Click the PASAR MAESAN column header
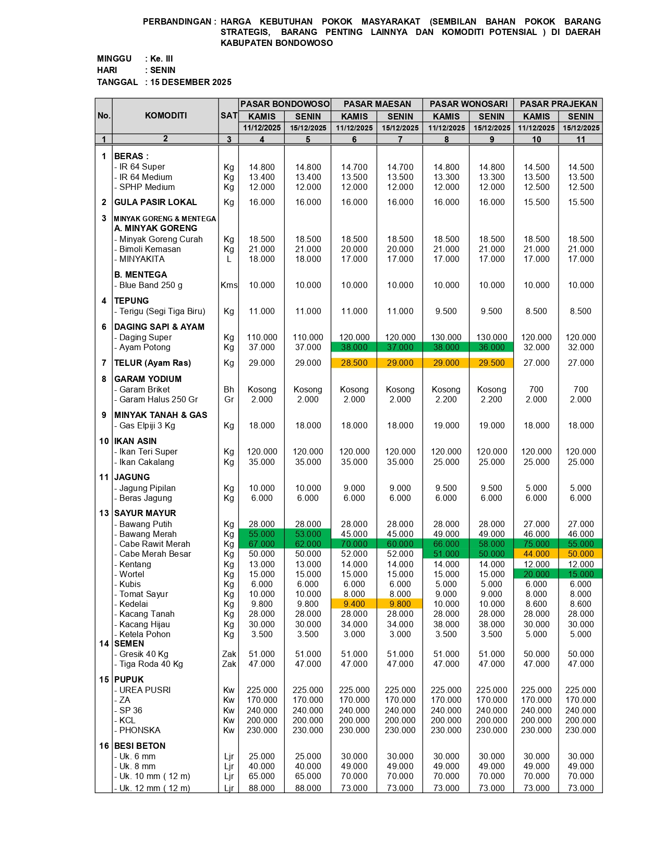[377, 104]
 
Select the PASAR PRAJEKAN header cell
[558, 104]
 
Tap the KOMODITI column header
[165, 116]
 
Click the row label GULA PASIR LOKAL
[155, 202]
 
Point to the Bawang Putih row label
[146, 524]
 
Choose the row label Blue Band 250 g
[151, 285]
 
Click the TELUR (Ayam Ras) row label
[152, 363]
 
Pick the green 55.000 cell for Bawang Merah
[261, 534]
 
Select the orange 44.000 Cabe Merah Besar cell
[536, 554]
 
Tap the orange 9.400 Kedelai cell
[354, 604]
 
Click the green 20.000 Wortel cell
[536, 575]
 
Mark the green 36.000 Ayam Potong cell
[491, 348]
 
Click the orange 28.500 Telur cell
[354, 363]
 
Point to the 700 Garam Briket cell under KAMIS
[536, 390]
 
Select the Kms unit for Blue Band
[229, 285]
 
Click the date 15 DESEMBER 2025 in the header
[191, 82]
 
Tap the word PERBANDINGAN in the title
[177, 22]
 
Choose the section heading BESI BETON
[140, 746]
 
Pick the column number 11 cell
[581, 139]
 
